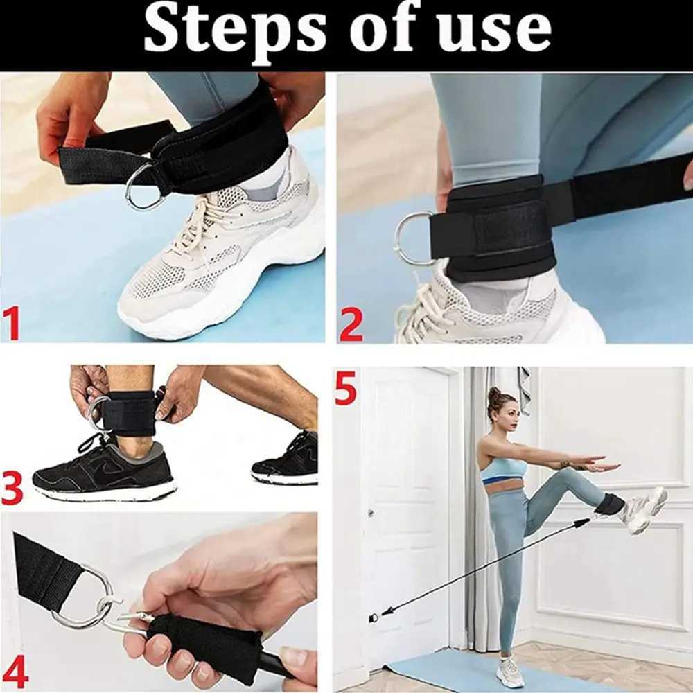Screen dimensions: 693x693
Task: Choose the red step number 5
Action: pos(346,390)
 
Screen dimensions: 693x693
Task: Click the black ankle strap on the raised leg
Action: pos(608,504)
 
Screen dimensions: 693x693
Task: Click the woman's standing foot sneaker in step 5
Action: pos(509,671)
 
